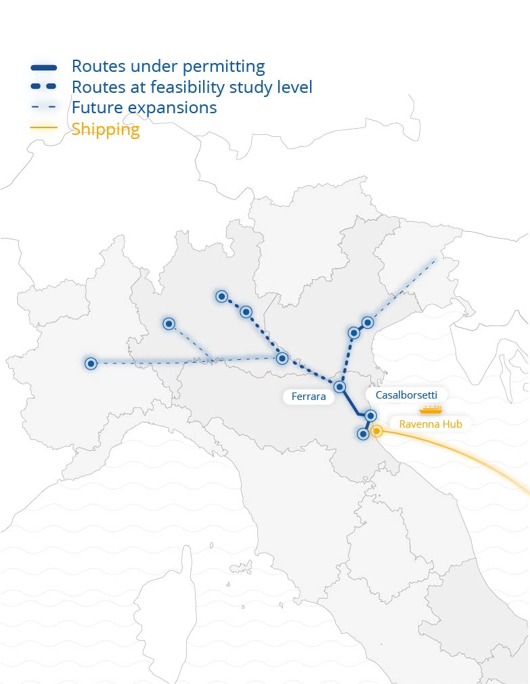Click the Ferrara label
click(x=309, y=397)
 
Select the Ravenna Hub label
click(x=430, y=424)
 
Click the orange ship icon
click(x=430, y=409)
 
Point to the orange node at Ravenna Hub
click(x=377, y=430)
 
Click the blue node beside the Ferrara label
click(x=340, y=386)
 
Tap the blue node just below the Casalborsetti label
click(x=370, y=415)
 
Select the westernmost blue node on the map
click(x=91, y=364)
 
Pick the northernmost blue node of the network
click(x=221, y=296)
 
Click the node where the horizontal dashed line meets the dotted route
click(x=282, y=358)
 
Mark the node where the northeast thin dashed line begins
click(x=368, y=322)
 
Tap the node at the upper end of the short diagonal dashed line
click(x=169, y=324)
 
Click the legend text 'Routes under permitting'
click(x=168, y=66)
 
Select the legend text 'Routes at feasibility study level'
click(x=192, y=87)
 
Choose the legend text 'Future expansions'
click(x=144, y=108)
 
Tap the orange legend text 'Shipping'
click(x=106, y=129)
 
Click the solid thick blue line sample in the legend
click(x=44, y=67)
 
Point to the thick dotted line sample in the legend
click(x=44, y=87)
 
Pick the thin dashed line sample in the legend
click(x=44, y=108)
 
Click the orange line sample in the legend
click(x=44, y=128)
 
